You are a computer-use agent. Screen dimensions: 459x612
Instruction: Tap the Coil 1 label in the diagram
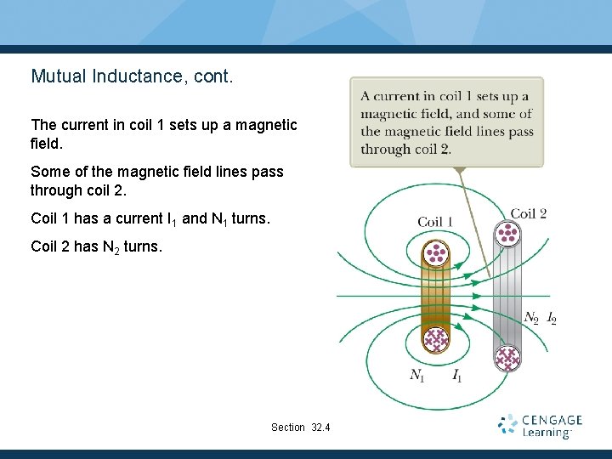click(435, 222)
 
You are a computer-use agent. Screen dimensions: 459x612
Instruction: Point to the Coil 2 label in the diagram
click(528, 212)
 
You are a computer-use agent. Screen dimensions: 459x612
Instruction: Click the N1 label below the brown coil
click(417, 375)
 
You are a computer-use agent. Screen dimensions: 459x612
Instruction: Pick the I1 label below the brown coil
click(456, 375)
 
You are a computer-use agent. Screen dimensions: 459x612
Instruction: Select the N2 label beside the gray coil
click(531, 319)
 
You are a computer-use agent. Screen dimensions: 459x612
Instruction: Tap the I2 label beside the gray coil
click(552, 319)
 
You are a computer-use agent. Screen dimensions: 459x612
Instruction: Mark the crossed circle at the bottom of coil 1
click(436, 340)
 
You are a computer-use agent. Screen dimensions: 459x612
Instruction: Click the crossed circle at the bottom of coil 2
click(508, 359)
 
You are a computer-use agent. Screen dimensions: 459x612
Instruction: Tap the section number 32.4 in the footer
click(320, 427)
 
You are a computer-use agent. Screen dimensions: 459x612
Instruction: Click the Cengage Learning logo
click(541, 425)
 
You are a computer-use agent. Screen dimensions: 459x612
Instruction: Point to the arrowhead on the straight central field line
click(485, 296)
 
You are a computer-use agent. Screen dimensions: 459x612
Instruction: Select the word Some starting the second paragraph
click(49, 172)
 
